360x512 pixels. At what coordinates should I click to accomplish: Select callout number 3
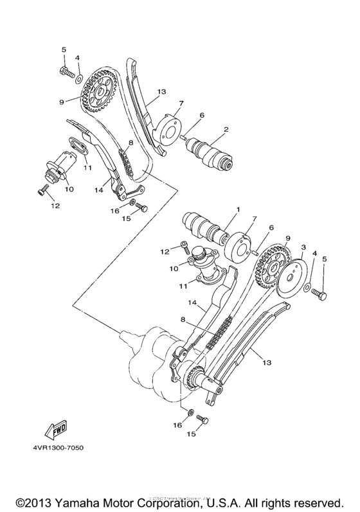point(303,247)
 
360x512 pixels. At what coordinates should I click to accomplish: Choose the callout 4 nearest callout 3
point(314,254)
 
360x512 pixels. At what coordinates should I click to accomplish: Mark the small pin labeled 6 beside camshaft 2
point(185,135)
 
